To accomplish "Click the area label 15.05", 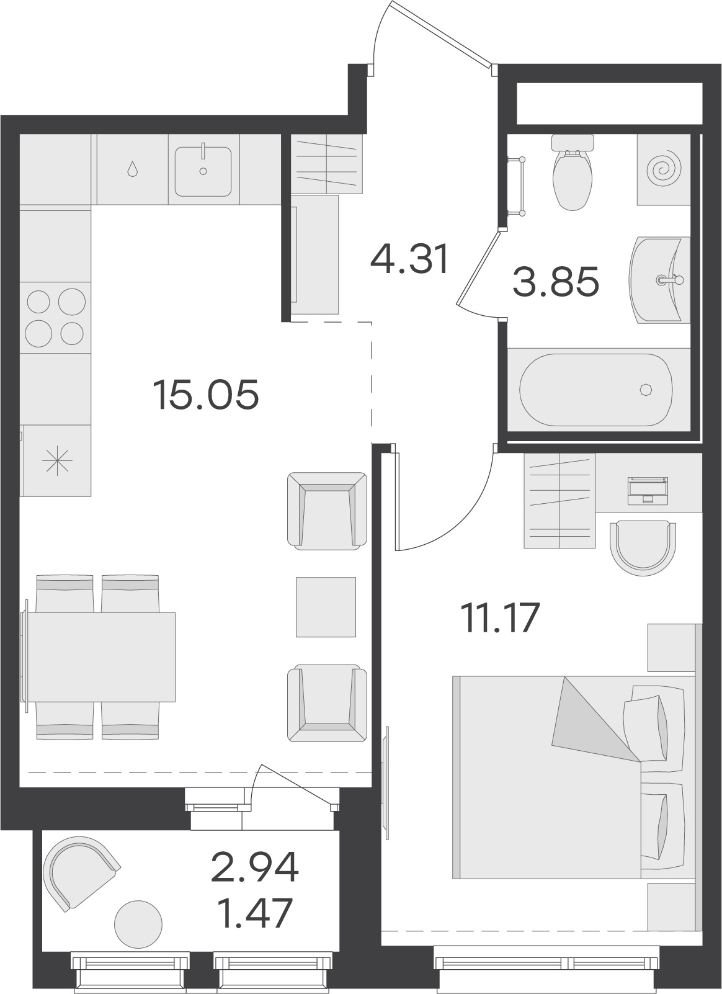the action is point(205,395).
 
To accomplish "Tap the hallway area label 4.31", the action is point(410,259).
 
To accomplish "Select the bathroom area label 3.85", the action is point(556,281).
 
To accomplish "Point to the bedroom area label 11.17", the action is point(500,618).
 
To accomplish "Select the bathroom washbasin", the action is point(659,280).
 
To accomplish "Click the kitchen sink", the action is point(203,171).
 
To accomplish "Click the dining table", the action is point(98,657).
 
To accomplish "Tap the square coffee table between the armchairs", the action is point(326,607).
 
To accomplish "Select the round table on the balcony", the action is point(138,925).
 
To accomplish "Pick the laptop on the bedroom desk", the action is point(648,490).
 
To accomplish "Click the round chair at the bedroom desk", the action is point(643,548).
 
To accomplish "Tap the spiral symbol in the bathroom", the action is point(664,169).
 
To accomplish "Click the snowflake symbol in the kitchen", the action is point(57,461).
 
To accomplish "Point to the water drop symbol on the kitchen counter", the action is point(132,169).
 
